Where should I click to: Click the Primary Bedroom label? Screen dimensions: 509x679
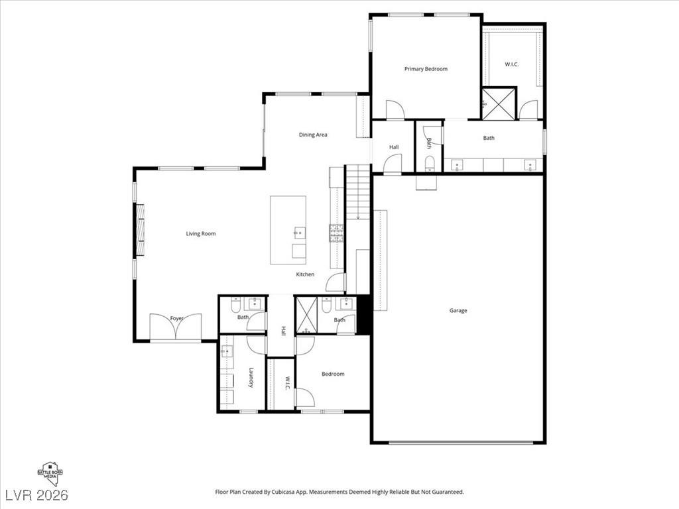(x=426, y=69)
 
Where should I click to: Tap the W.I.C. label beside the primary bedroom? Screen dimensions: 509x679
(x=511, y=64)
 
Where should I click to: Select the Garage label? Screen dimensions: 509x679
(x=458, y=310)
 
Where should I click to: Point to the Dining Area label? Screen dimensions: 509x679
(x=313, y=135)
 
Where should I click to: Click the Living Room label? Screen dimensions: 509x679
(x=200, y=233)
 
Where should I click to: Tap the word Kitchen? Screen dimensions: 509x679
(x=305, y=274)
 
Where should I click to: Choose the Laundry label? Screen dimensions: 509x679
(x=251, y=378)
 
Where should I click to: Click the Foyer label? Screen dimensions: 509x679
(x=176, y=319)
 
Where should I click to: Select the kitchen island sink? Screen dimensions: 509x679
(x=298, y=232)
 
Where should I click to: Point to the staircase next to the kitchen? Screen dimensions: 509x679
(x=358, y=192)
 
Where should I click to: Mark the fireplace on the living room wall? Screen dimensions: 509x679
(x=140, y=230)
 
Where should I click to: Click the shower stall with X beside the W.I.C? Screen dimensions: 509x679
(x=499, y=103)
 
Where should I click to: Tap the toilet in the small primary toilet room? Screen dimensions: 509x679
(x=428, y=163)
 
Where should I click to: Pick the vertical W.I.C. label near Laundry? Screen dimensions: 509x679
(x=287, y=384)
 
